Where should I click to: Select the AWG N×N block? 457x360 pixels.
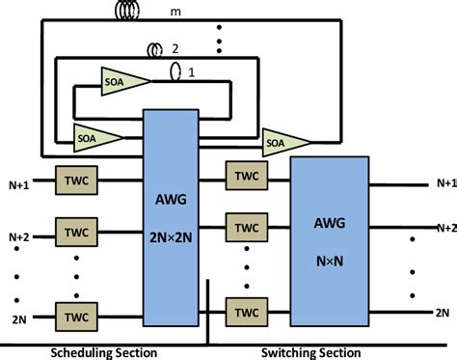coord(330,242)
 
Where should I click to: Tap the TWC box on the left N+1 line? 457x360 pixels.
coord(73,181)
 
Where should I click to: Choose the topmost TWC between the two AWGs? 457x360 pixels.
coord(245,176)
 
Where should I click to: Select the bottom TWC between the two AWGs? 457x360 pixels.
coord(245,313)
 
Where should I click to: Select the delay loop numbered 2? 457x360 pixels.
coord(155,49)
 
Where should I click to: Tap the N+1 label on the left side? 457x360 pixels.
coord(19,181)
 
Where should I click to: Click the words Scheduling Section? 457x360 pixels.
coord(103,352)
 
